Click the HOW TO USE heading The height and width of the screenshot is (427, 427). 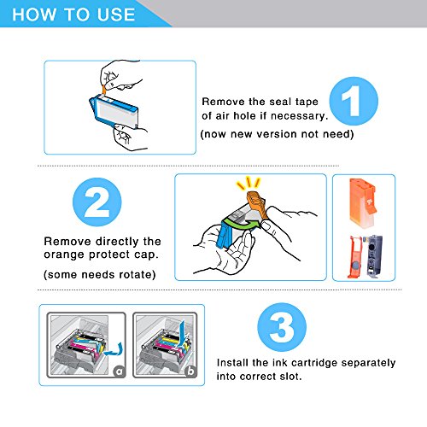[73, 15]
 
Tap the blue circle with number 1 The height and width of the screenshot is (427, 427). [354, 101]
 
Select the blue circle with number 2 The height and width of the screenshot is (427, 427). [97, 202]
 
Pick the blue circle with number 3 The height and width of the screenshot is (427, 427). [282, 327]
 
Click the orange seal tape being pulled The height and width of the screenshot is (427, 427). [105, 89]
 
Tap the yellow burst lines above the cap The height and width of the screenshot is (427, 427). [249, 183]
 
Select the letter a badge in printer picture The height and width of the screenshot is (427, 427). [120, 371]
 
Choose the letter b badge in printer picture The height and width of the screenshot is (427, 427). [190, 371]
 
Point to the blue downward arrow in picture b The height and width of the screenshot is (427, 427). [181, 335]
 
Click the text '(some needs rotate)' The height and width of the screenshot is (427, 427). [100, 275]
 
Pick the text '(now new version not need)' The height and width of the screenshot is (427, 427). [277, 134]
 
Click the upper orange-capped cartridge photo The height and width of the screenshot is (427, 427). [363, 202]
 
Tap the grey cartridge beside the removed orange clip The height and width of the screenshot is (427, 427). [375, 257]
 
